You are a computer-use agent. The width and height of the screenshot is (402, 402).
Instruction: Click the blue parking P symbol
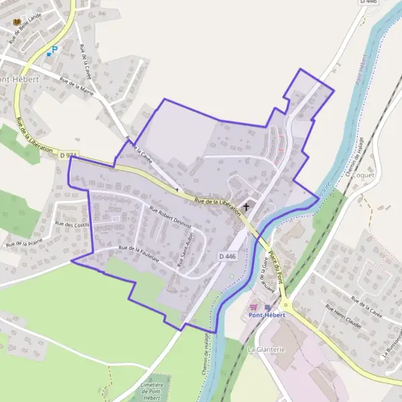click(55, 49)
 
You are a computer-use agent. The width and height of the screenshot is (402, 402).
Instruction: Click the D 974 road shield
click(68, 155)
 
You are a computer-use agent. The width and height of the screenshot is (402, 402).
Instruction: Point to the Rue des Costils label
click(72, 224)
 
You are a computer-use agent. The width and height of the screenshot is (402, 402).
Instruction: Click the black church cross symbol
click(246, 207)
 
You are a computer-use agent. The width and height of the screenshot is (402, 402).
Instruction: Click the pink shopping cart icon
click(253, 307)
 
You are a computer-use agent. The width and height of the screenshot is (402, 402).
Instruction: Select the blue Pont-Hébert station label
click(267, 314)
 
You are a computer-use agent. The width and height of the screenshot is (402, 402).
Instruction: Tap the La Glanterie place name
click(267, 349)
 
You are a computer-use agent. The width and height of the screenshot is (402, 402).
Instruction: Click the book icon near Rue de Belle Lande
click(17, 22)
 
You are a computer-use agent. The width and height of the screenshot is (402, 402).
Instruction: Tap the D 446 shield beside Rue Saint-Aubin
click(228, 256)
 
